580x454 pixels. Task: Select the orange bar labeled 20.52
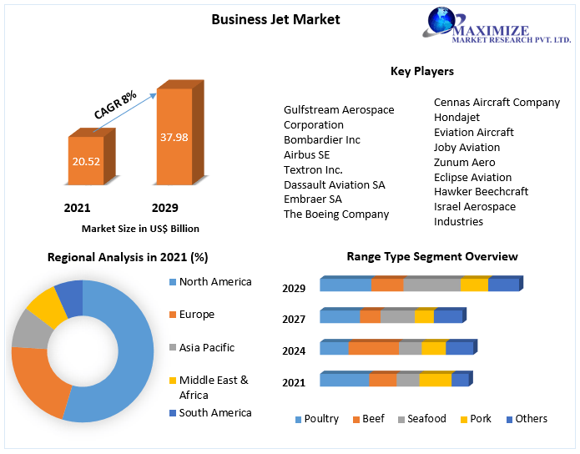pyautogui.click(x=85, y=159)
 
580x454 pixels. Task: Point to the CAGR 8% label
pyautogui.click(x=116, y=104)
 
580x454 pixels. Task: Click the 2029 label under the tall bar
pyautogui.click(x=164, y=208)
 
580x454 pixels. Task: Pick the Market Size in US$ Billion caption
pyautogui.click(x=140, y=228)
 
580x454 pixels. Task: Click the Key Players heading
pyautogui.click(x=422, y=72)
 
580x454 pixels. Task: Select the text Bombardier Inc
pyautogui.click(x=322, y=140)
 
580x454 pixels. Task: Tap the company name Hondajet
pyautogui.click(x=458, y=118)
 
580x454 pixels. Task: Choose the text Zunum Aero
pyautogui.click(x=464, y=163)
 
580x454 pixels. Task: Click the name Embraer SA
pyautogui.click(x=313, y=199)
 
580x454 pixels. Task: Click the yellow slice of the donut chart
pyautogui.click(x=47, y=308)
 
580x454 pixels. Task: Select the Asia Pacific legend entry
pyautogui.click(x=207, y=348)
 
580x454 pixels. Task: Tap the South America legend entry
pyautogui.click(x=214, y=413)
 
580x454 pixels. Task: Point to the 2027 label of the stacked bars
pyautogui.click(x=294, y=319)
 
